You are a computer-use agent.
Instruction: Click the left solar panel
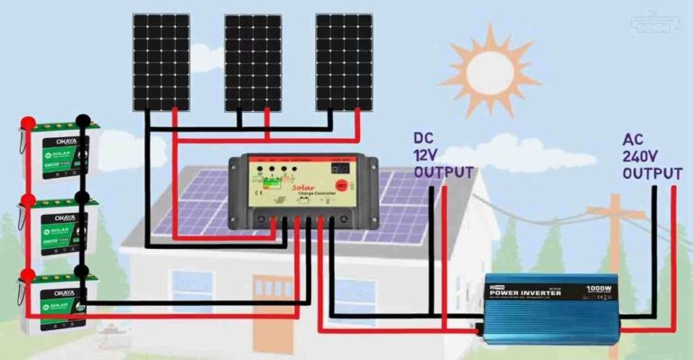point(162,60)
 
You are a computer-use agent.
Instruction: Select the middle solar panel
point(253,60)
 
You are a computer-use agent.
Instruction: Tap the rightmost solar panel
point(344,60)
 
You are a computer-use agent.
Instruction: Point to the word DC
point(424,139)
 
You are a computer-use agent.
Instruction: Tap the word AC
point(633,140)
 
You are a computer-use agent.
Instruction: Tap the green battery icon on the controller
point(270,188)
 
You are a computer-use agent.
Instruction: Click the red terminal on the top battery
point(27,123)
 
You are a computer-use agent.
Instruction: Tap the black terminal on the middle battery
point(83,196)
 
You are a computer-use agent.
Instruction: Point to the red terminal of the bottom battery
point(27,272)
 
